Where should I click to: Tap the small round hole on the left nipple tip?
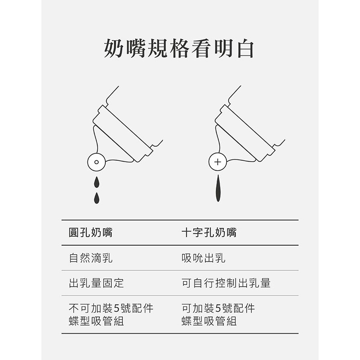(x=96, y=162)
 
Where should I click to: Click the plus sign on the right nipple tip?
(x=218, y=162)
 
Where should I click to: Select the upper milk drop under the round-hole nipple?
(x=97, y=182)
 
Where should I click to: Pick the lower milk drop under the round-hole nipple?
(x=97, y=197)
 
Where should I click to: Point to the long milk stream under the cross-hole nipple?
(x=218, y=188)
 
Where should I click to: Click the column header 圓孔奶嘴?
(x=91, y=233)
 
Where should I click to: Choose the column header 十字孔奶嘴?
(x=209, y=233)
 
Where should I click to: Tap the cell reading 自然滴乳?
(x=91, y=258)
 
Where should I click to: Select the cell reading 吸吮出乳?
(x=203, y=258)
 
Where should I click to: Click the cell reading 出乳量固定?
(x=96, y=283)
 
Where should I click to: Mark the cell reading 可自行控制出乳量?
(x=226, y=283)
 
